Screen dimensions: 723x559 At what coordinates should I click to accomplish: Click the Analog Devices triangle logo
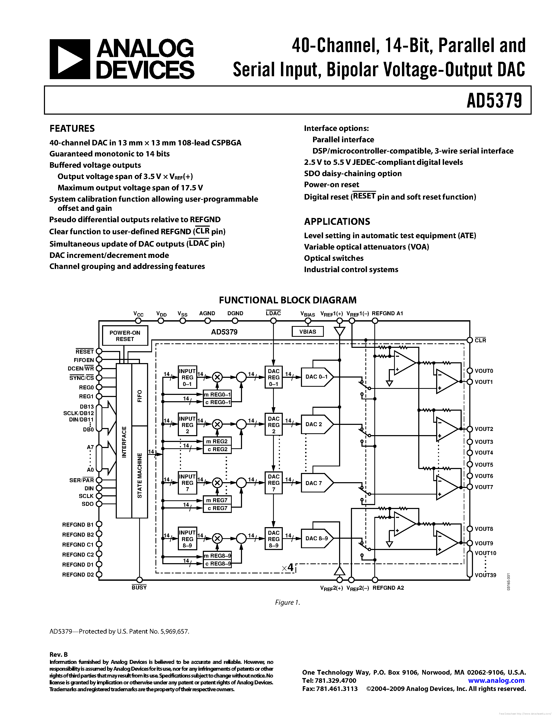click(69, 59)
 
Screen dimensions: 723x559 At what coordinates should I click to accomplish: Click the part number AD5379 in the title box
click(494, 100)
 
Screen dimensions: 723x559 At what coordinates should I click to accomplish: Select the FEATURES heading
click(72, 129)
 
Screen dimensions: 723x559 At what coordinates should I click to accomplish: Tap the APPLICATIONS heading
click(337, 221)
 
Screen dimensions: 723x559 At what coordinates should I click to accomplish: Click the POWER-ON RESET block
click(125, 336)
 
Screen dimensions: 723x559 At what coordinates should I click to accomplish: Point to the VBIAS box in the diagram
click(307, 331)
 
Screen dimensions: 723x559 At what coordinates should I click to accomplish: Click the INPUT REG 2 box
click(188, 425)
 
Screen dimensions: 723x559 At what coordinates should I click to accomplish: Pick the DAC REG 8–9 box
click(274, 539)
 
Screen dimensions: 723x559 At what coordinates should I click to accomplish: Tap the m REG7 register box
click(217, 500)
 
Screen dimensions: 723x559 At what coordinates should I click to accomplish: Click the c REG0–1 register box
click(217, 402)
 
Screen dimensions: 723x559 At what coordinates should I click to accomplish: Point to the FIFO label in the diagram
click(139, 396)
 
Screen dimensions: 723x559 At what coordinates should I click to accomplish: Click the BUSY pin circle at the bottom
click(139, 580)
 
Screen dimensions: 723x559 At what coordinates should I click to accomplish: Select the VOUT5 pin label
click(484, 465)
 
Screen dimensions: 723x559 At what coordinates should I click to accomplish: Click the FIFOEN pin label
click(84, 360)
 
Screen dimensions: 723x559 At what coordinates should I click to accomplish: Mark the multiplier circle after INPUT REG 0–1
click(217, 377)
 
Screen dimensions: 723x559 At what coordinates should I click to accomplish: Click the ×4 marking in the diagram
click(288, 568)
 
